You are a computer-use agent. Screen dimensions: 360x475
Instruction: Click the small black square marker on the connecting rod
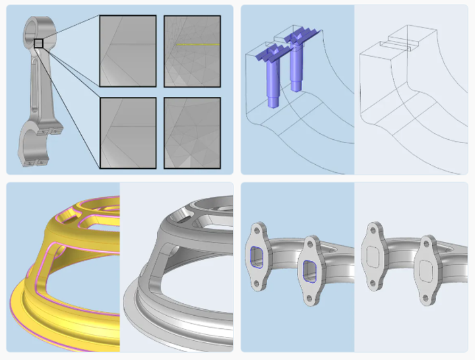[38, 44]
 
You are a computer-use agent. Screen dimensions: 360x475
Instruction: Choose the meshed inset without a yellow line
[193, 133]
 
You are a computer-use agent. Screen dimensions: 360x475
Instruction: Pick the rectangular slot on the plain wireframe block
[396, 47]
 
